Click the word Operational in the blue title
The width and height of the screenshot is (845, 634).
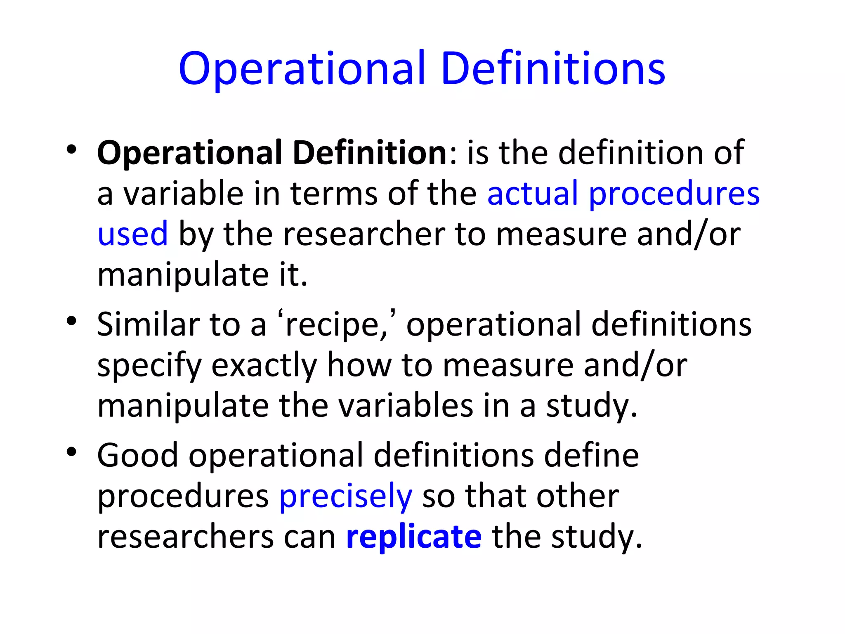click(302, 69)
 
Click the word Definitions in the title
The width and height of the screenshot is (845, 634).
click(553, 69)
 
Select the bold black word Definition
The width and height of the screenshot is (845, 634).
click(370, 153)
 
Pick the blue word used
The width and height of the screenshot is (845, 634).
click(132, 234)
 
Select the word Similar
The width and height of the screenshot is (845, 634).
click(148, 324)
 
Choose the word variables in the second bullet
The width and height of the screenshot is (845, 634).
click(406, 406)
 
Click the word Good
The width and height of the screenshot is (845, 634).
click(137, 455)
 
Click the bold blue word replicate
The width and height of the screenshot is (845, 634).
click(414, 537)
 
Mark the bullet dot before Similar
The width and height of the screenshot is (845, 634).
click(71, 321)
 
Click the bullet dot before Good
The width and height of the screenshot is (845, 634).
click(71, 452)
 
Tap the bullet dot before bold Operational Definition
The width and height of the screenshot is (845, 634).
click(71, 149)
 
